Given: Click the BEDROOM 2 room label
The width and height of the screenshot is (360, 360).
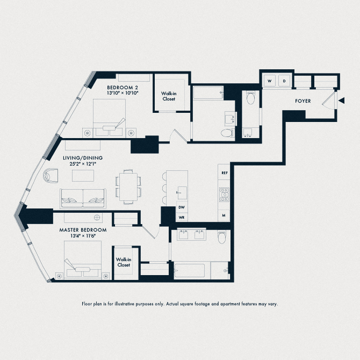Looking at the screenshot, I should pyautogui.click(x=123, y=88).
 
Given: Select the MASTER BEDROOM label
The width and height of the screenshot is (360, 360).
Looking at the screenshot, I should pyautogui.click(x=83, y=230).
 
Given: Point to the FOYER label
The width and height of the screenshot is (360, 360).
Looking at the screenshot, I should pyautogui.click(x=304, y=100).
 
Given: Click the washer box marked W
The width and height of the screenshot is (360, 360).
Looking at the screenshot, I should pyautogui.click(x=269, y=81).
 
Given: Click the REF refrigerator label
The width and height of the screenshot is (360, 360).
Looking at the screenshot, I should pyautogui.click(x=225, y=174).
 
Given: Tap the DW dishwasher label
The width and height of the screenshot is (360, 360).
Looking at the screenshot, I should pyautogui.click(x=182, y=207).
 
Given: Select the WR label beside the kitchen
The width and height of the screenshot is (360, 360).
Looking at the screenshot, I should pyautogui.click(x=182, y=217).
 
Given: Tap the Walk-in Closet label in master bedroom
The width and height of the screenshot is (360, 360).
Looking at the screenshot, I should pyautogui.click(x=124, y=262).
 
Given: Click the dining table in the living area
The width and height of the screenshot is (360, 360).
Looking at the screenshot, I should pyautogui.click(x=128, y=186).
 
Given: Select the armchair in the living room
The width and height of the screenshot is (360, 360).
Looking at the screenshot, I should pyautogui.click(x=51, y=175).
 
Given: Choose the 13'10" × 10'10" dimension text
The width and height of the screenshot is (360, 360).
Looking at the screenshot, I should pyautogui.click(x=123, y=93).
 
